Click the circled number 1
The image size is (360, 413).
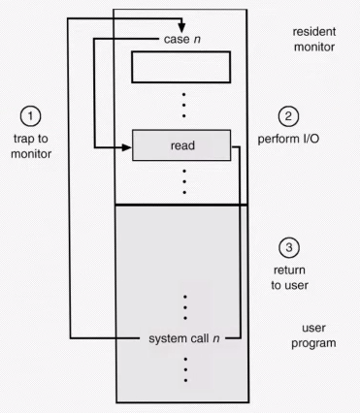coord(31,116)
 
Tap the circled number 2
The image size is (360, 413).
coord(288,116)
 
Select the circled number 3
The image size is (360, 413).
coord(289,247)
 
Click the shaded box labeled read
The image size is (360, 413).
coord(181,145)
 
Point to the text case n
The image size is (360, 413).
coord(182,39)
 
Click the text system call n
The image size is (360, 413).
coord(184,338)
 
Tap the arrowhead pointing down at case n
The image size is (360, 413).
coord(181,28)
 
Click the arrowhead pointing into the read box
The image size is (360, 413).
coord(126,147)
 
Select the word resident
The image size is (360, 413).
coord(314,32)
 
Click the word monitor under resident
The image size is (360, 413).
coord(314,47)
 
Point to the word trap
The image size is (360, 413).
coord(24,139)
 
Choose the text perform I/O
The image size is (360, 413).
coord(288,139)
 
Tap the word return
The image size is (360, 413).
coord(289,270)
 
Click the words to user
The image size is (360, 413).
coord(289,285)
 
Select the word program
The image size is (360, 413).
coord(313,343)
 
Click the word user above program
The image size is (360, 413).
coord(313,328)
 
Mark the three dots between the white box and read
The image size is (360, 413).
coord(183,105)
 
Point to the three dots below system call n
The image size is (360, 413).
coord(185,369)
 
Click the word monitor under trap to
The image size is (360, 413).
coord(31,154)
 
